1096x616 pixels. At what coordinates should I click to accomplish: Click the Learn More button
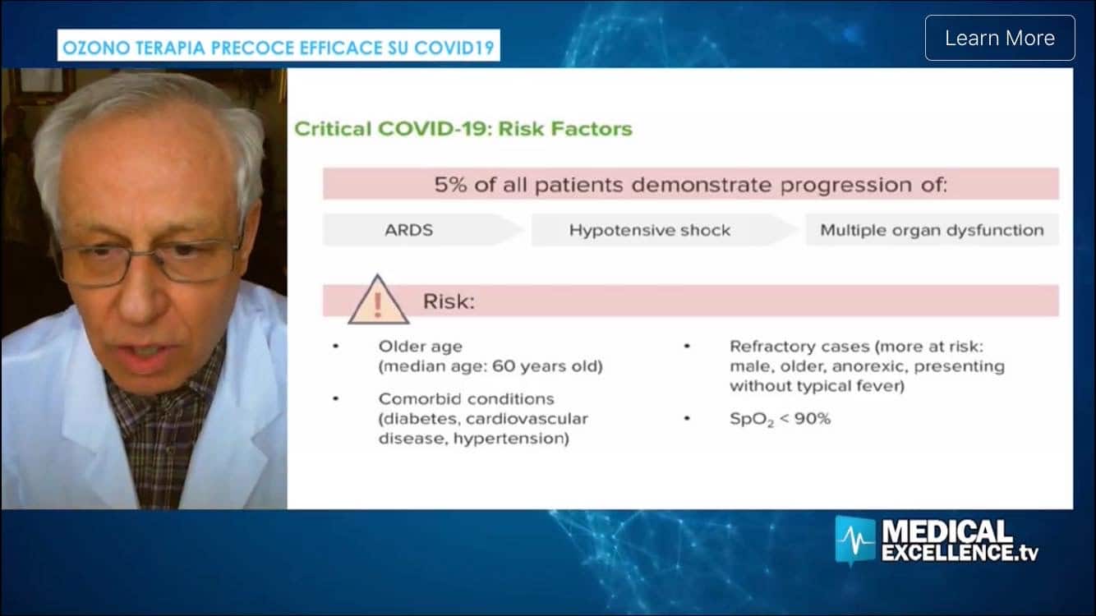coord(1000,38)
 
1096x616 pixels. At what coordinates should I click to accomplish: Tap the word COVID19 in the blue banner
coord(454,48)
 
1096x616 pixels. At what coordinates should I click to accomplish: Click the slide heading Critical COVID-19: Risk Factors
coord(463,129)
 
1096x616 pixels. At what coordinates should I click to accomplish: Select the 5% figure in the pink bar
coord(450,185)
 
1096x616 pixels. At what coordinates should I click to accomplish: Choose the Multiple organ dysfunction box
coord(932,230)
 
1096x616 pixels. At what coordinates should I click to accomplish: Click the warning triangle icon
coord(378,300)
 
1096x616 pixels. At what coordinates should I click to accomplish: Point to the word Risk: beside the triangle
coord(449,301)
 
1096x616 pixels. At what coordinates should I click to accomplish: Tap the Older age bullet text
coord(421,347)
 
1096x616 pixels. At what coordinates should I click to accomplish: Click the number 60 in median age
coord(502,366)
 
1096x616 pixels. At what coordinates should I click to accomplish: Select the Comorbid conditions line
coord(467,399)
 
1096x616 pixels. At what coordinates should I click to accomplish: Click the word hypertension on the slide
coord(511,439)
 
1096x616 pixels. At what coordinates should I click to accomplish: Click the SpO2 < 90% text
coord(780,420)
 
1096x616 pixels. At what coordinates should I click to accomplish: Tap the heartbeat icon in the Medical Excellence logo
coord(854,540)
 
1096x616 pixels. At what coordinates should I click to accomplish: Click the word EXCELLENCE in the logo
coord(947,552)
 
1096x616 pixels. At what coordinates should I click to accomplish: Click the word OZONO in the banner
coord(96,48)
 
